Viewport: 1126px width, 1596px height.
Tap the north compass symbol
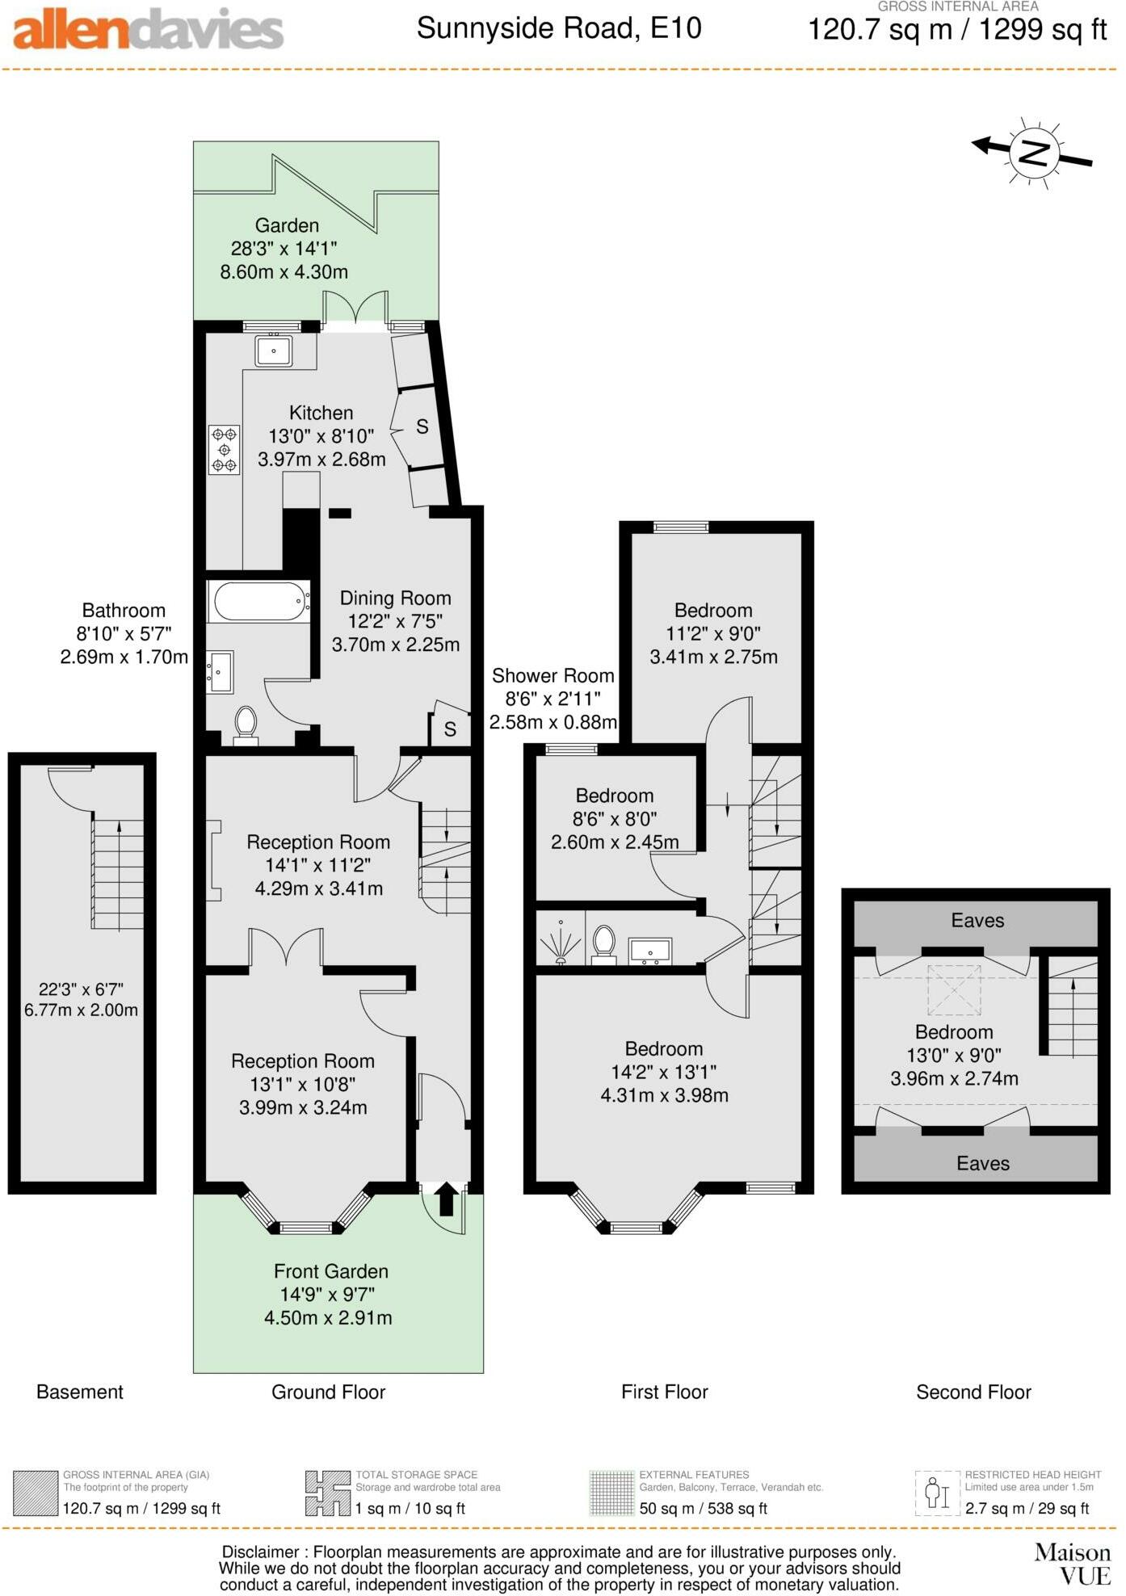click(x=1033, y=153)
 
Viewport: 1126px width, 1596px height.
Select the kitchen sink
click(x=274, y=351)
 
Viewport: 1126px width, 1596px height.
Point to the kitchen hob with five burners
click(x=224, y=450)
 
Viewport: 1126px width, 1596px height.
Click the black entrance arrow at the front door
click(x=446, y=1199)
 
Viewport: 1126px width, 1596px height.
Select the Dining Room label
click(x=395, y=598)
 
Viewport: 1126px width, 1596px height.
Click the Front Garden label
click(x=330, y=1271)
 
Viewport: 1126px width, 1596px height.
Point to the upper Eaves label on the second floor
click(x=977, y=921)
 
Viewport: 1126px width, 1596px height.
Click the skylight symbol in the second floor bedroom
click(x=953, y=989)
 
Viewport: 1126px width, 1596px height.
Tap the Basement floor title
click(x=79, y=1392)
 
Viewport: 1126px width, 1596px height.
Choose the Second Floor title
click(x=973, y=1392)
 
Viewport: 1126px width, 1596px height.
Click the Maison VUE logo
click(x=1073, y=1564)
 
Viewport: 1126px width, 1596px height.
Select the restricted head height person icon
click(x=937, y=1493)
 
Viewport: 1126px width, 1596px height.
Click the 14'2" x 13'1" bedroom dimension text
click(x=664, y=1072)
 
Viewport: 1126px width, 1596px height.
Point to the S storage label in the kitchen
click(x=422, y=426)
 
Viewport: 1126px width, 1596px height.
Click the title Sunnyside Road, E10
click(x=559, y=29)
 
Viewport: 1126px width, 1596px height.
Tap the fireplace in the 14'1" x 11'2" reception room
click(x=214, y=860)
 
